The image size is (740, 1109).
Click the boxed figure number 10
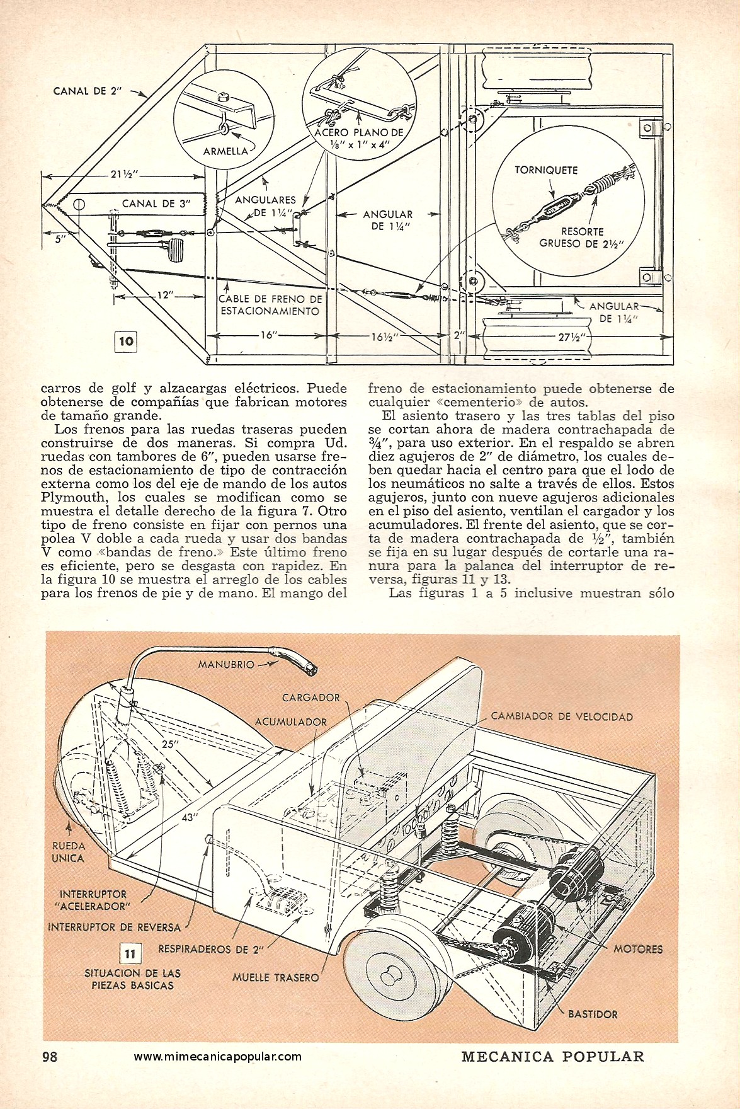(126, 341)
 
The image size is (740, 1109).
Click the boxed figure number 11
(130, 954)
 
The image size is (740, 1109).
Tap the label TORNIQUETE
(546, 170)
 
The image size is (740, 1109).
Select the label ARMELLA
(225, 152)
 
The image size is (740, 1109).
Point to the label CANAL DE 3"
(155, 203)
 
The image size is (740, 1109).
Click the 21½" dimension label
(125, 175)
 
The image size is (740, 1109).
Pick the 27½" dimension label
(572, 336)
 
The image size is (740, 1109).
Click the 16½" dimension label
(385, 336)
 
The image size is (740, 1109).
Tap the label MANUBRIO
(226, 664)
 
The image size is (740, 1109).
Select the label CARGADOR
(311, 698)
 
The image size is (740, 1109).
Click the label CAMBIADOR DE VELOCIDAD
(562, 716)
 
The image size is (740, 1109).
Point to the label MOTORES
(638, 949)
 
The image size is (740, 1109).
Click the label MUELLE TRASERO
(275, 978)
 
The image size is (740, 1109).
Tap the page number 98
(50, 1057)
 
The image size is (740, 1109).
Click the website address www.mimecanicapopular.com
(218, 1057)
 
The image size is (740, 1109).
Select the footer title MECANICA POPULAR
(553, 1057)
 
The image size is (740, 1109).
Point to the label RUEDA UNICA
(68, 851)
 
